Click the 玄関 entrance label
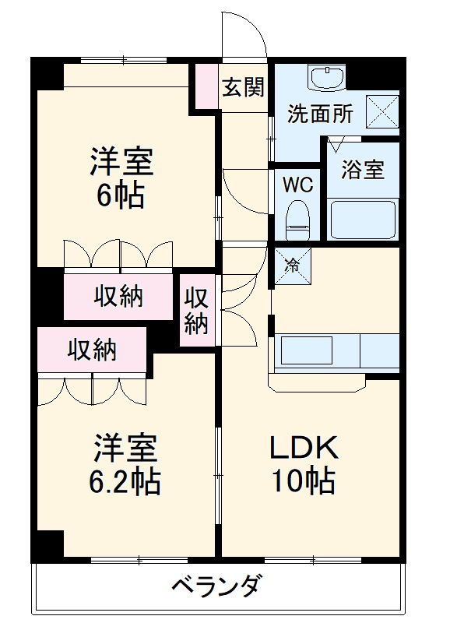pyautogui.click(x=243, y=86)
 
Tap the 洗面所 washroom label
pyautogui.click(x=320, y=114)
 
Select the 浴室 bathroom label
pyautogui.click(x=363, y=169)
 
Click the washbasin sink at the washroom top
pyautogui.click(x=326, y=78)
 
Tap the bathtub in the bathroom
pyautogui.click(x=363, y=220)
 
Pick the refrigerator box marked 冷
pyautogui.click(x=293, y=265)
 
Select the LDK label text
pyautogui.click(x=303, y=449)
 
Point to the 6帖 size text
pyautogui.click(x=120, y=195)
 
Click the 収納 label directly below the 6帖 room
pyautogui.click(x=119, y=296)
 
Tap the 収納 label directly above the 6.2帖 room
pyautogui.click(x=91, y=350)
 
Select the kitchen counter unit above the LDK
pyautogui.click(x=337, y=350)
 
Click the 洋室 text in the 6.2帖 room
pyautogui.click(x=126, y=449)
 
